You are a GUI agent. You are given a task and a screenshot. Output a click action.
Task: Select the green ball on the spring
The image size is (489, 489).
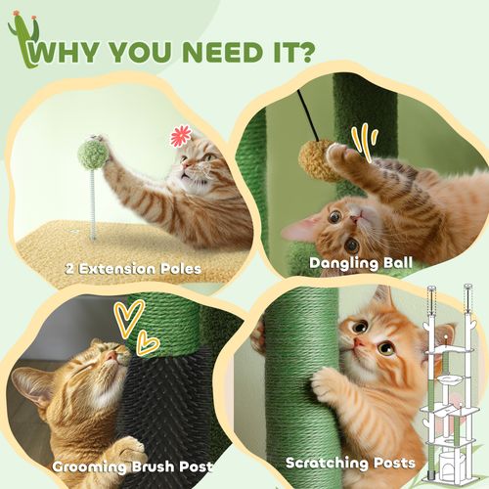click(x=94, y=153)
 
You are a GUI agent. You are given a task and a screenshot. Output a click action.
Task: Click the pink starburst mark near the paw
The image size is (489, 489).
click(x=181, y=136)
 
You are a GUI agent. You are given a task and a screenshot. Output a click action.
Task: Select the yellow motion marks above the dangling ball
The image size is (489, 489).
click(x=364, y=138)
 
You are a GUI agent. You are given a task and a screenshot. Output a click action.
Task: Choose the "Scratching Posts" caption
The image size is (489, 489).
click(x=350, y=462)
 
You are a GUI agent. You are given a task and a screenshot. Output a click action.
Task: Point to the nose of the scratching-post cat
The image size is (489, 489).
click(x=361, y=343)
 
